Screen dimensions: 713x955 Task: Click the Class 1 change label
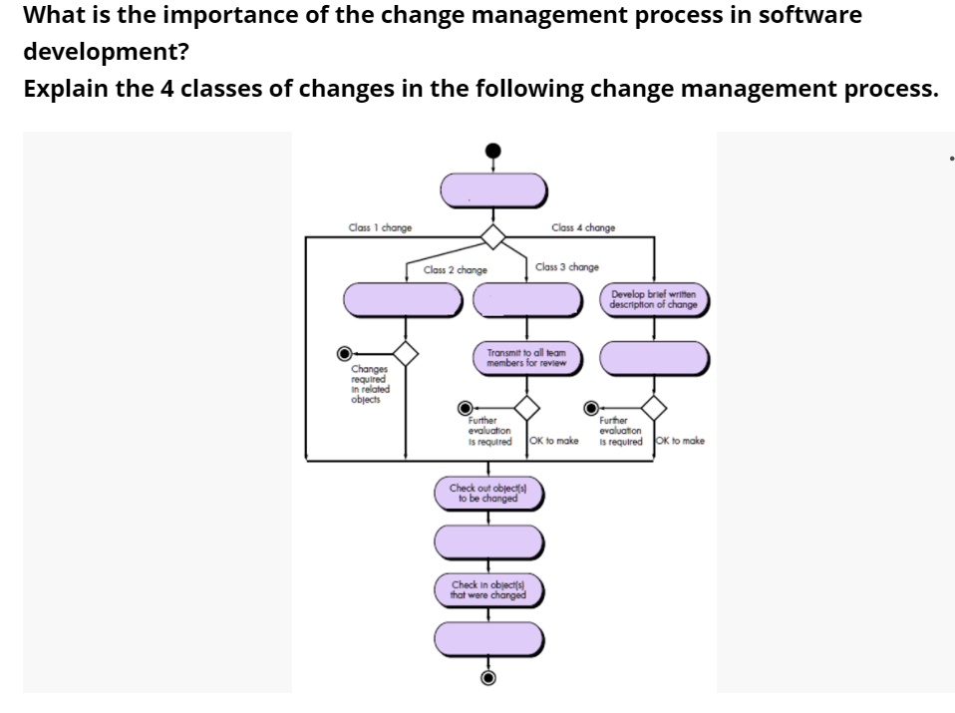381,228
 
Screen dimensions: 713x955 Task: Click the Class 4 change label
583,228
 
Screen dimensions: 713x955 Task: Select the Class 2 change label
455,270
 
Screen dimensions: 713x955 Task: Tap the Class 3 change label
566,267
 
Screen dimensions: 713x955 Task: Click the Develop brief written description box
654,299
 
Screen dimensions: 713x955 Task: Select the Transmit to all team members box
526,357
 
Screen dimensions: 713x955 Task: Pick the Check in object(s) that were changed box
487,590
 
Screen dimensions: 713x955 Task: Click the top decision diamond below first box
492,236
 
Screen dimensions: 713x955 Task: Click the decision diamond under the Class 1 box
405,352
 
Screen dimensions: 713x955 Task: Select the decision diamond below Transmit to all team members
525,407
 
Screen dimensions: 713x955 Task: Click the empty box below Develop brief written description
654,357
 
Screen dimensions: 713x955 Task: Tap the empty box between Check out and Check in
487,541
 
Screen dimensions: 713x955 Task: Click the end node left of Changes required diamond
345,352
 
